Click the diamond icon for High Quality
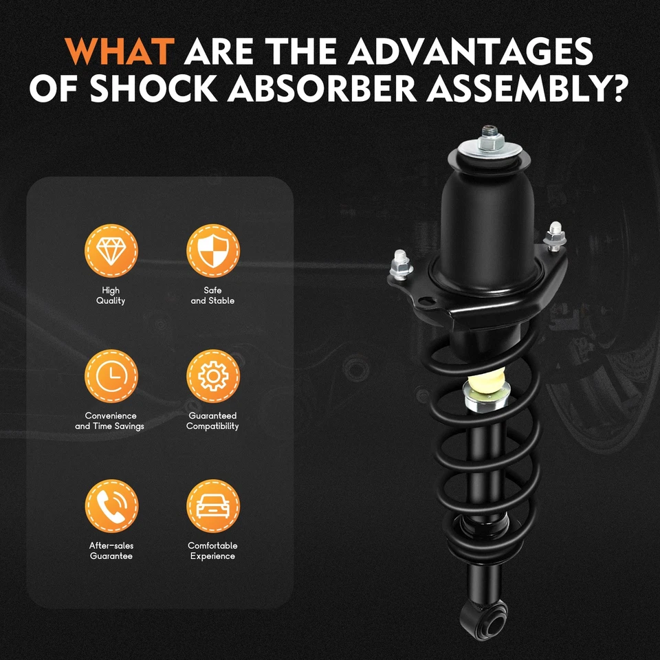click(111, 251)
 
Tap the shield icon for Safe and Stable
click(213, 251)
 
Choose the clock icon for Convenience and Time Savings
click(111, 375)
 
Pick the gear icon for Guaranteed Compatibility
click(213, 375)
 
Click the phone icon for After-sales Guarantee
click(111, 506)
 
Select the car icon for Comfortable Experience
click(213, 506)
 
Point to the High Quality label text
click(111, 296)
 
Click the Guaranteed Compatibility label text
click(213, 421)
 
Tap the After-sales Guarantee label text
click(111, 551)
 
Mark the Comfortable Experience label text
click(213, 551)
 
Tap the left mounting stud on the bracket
click(399, 262)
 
